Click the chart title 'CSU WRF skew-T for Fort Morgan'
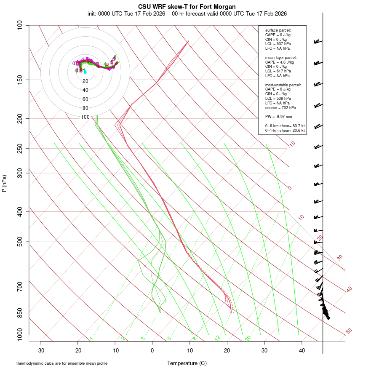point(187,7)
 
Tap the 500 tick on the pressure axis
point(19,242)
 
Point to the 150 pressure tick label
point(19,80)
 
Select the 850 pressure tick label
point(19,313)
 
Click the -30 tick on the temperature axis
point(40,350)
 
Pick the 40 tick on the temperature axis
point(302,350)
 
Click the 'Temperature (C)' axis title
point(187,363)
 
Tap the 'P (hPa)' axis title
point(4,184)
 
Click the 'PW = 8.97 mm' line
point(278,116)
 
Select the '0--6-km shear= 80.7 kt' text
point(285,126)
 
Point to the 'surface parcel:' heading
point(278,30)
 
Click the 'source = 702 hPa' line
point(280,107)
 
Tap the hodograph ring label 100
point(85,117)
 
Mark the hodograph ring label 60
point(85,99)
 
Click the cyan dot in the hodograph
point(85,72)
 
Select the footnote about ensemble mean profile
point(65,363)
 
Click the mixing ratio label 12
point(218,338)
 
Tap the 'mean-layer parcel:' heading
point(281,57)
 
